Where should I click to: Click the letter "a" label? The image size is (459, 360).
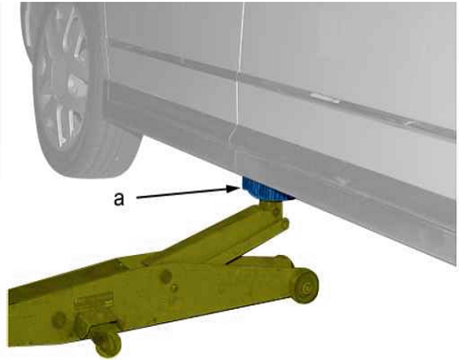click(x=119, y=198)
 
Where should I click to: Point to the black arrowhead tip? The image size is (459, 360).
click(x=241, y=188)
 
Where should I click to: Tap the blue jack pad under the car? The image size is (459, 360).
click(x=266, y=189)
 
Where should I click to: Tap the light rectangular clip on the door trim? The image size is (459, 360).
click(x=325, y=98)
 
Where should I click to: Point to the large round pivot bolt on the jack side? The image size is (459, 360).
click(x=165, y=277)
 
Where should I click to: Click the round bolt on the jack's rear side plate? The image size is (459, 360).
click(x=59, y=320)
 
